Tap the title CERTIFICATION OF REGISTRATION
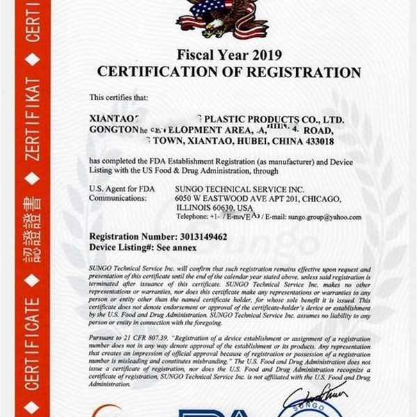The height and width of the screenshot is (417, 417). coord(229,72)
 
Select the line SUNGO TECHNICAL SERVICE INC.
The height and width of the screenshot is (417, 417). coord(230,188)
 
